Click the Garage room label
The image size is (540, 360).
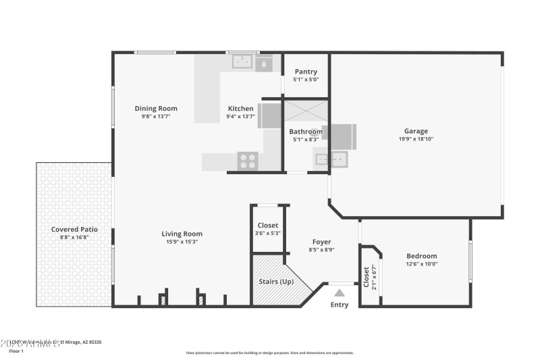(416, 131)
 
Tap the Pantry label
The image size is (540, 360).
(306, 72)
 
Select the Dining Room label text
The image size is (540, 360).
(156, 108)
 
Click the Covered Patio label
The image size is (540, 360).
(74, 229)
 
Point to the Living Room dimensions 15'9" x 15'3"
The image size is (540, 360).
(182, 242)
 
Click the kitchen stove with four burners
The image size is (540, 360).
(248, 161)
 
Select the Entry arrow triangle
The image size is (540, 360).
(340, 292)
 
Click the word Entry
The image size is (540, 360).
(340, 305)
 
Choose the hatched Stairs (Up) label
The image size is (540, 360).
(275, 281)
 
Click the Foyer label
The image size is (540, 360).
(321, 242)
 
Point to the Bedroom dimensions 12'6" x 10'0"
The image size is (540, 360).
(421, 264)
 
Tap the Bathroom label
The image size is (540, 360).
(306, 132)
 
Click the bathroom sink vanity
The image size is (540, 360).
(331, 160)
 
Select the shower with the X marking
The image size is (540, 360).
(305, 111)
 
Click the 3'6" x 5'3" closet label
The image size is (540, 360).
(268, 233)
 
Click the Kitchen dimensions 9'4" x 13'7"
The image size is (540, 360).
(240, 116)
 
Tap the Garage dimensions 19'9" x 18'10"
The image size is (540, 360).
(416, 139)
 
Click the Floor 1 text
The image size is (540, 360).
(16, 351)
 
